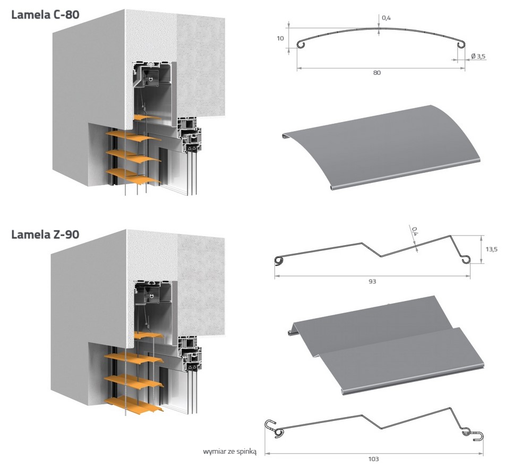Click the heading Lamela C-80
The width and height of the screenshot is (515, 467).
click(45, 15)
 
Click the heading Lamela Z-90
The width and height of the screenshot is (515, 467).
click(45, 235)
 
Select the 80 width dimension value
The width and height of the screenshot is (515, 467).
click(377, 73)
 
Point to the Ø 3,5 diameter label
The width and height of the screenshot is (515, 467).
click(478, 56)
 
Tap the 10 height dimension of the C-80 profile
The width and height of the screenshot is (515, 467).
click(280, 38)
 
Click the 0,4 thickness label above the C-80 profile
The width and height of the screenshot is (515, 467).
click(387, 18)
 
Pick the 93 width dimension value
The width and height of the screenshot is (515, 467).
click(372, 281)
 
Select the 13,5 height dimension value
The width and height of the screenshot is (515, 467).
click(492, 249)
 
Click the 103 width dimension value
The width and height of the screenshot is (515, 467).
click(373, 459)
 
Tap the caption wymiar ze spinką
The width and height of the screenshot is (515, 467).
click(229, 452)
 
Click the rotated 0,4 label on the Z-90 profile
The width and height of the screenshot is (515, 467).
click(415, 231)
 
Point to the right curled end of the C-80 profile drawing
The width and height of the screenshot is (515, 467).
click(460, 44)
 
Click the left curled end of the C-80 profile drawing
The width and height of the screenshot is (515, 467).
click(301, 45)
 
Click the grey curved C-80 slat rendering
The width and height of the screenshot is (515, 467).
click(381, 148)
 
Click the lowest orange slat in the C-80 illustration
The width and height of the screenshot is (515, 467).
click(133, 176)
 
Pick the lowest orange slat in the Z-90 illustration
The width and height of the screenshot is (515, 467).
click(133, 404)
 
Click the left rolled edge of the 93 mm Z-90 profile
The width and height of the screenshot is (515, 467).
click(279, 260)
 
